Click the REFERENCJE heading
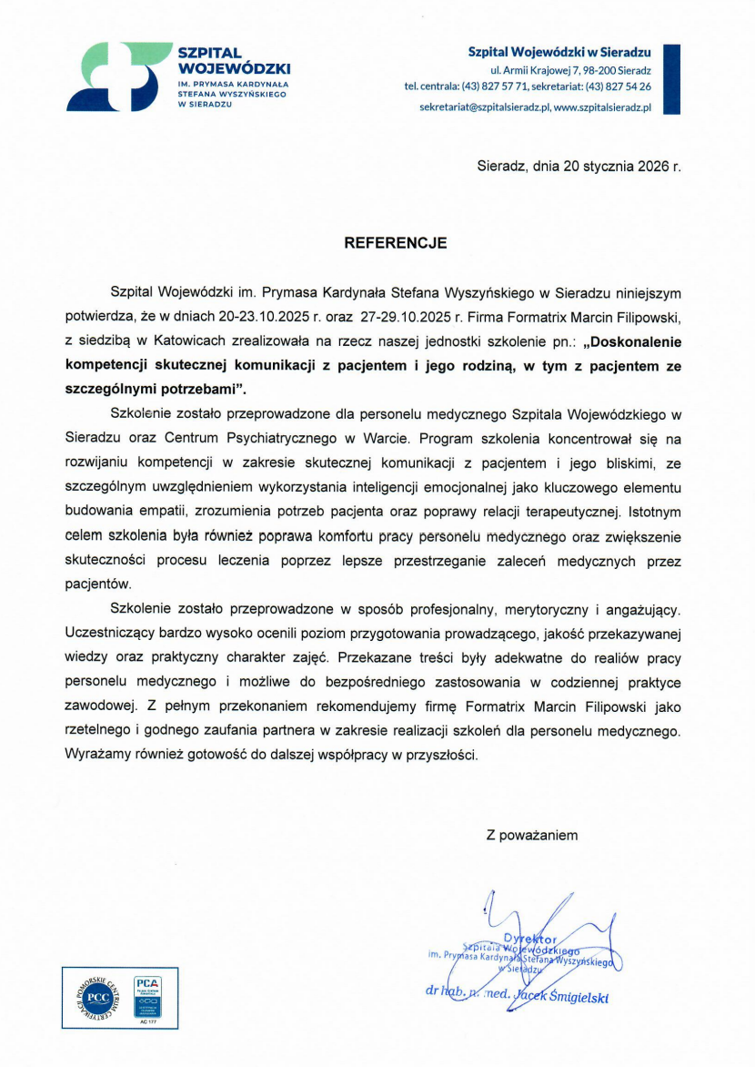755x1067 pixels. pyautogui.click(x=395, y=243)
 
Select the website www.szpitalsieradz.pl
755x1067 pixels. pyautogui.click(x=603, y=107)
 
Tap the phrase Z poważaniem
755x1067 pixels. pyautogui.click(x=532, y=834)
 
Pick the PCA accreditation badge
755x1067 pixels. pyautogui.click(x=147, y=995)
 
